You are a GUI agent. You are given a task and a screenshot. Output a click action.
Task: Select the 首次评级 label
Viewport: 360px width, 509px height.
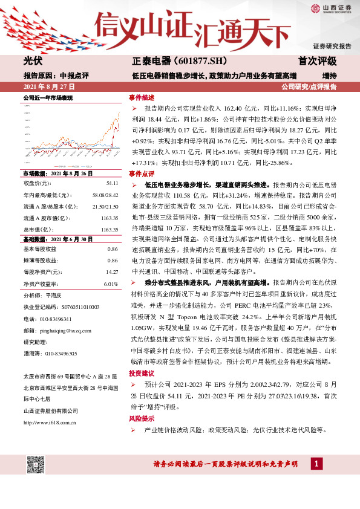(317, 62)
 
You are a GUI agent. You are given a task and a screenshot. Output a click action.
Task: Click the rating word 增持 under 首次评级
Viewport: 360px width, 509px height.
(329, 76)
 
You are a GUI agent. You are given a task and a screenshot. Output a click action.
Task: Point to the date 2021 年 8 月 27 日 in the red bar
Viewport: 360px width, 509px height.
(48, 87)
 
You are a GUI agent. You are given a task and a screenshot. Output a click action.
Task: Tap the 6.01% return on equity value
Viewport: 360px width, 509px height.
(111, 284)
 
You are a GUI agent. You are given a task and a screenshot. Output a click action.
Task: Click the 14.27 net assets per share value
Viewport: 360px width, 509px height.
(111, 272)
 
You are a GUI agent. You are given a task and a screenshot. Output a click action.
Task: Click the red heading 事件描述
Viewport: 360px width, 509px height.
(142, 97)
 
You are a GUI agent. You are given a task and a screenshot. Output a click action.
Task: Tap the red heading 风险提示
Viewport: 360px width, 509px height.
(142, 418)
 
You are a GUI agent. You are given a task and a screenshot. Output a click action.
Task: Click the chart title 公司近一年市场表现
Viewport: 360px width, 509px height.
(48, 97)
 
